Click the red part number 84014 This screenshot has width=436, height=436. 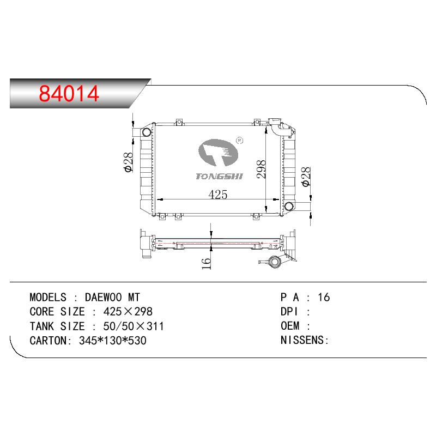[x=69, y=93]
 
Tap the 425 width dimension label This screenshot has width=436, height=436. [x=217, y=195]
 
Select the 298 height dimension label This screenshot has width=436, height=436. [x=261, y=169]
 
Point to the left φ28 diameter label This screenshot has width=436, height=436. [x=129, y=162]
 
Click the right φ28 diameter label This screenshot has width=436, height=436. [x=306, y=177]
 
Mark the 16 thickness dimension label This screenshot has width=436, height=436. [x=206, y=264]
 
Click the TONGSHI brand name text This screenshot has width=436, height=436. [x=219, y=176]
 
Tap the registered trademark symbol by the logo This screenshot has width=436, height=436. [x=239, y=141]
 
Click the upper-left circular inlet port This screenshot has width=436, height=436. [x=147, y=132]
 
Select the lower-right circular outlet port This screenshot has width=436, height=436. [x=289, y=206]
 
